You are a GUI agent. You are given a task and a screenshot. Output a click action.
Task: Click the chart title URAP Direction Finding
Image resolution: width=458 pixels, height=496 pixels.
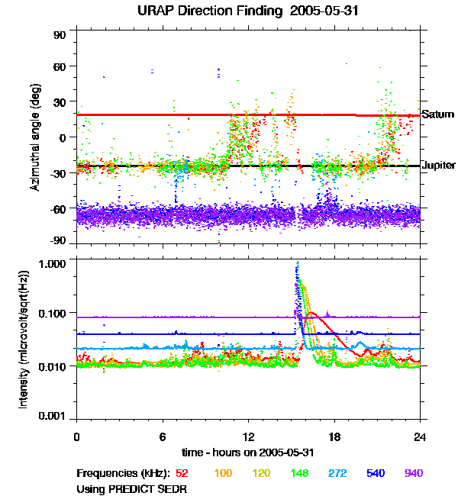tap(209, 11)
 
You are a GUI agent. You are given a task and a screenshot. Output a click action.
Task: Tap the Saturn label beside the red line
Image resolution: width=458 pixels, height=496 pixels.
tap(437, 114)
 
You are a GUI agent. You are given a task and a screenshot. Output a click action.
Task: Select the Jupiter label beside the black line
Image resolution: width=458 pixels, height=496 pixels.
tap(439, 165)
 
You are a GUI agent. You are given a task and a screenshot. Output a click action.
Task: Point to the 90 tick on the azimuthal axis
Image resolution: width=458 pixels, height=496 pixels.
tap(60, 35)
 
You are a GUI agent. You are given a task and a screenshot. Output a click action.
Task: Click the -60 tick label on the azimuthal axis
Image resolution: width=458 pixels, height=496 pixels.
tap(57, 209)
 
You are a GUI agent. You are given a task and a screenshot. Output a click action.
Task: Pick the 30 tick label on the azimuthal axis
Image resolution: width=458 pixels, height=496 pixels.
tap(60, 102)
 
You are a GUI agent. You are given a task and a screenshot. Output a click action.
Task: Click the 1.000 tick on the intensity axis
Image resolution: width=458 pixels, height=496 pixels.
tap(52, 264)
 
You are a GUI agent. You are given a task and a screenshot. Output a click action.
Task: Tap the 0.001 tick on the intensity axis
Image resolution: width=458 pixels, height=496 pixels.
tap(52, 416)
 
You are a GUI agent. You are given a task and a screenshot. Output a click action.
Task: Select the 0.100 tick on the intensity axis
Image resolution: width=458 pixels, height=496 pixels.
tap(52, 314)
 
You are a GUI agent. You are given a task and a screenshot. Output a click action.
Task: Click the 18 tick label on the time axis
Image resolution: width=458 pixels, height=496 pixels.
tap(334, 436)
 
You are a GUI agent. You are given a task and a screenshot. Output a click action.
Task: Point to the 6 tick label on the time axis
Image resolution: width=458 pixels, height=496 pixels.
tap(163, 436)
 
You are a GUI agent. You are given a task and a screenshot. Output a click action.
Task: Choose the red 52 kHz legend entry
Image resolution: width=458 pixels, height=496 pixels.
tap(182, 473)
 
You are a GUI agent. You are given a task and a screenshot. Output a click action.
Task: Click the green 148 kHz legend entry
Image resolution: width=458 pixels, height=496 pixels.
tap(299, 473)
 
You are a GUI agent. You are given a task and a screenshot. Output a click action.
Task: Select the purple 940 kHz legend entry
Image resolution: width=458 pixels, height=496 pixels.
tap(414, 473)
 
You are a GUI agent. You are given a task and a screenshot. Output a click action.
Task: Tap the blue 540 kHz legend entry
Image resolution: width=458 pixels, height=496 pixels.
tap(376, 473)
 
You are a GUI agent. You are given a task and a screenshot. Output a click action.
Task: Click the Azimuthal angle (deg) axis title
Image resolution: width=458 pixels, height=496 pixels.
tap(35, 137)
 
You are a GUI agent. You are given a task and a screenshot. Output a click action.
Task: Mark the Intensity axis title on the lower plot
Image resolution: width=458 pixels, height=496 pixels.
tap(24, 340)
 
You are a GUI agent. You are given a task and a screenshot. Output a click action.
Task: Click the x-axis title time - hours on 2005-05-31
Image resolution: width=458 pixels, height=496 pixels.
tap(248, 453)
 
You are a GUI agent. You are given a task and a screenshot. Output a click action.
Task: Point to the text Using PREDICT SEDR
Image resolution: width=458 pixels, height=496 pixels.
tap(131, 489)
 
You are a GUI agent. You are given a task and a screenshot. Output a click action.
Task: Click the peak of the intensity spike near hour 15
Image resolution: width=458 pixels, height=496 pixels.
tap(298, 262)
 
